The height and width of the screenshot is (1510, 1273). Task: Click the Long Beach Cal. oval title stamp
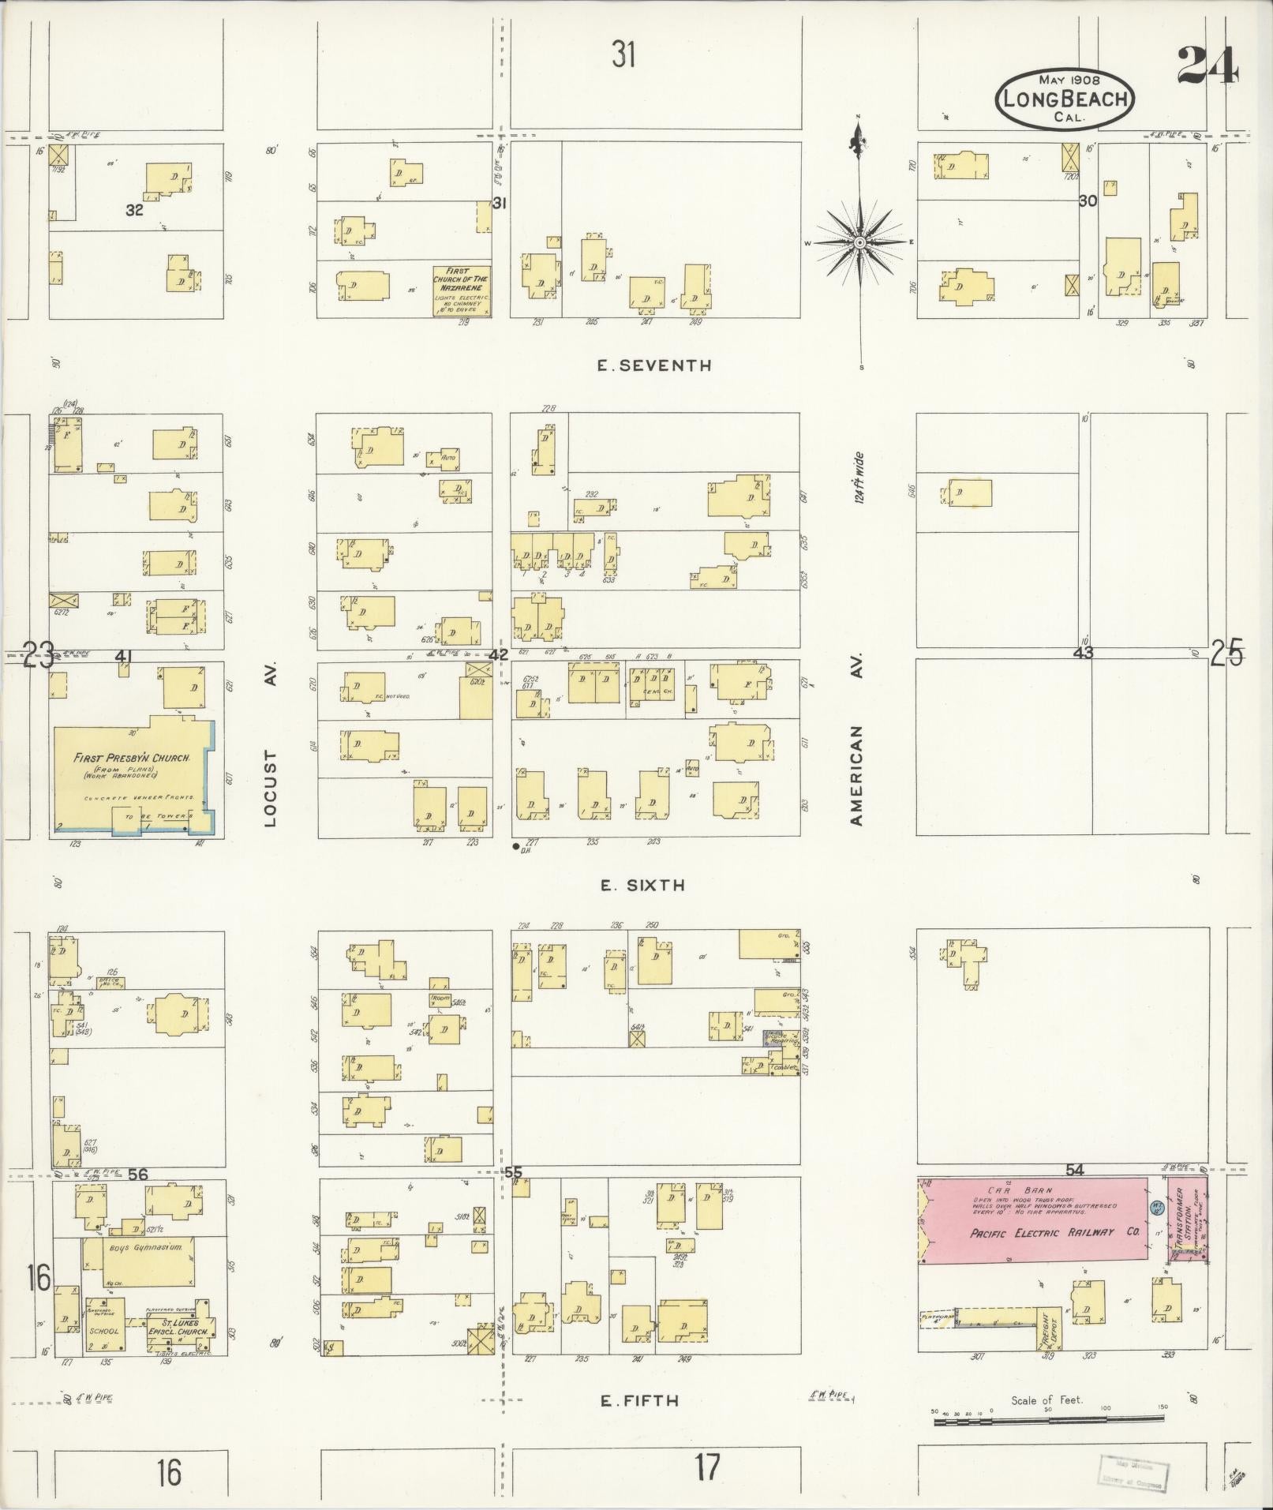coord(1065,99)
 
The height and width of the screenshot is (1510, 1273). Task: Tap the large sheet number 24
coord(1207,66)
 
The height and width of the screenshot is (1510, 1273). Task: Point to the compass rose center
coord(860,242)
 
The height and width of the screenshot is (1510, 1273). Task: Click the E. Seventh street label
coord(654,365)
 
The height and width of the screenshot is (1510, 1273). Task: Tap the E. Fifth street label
coord(639,1401)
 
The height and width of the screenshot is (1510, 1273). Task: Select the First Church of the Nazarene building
coord(462,290)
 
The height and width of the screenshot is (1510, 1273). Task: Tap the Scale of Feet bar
coord(1048,1421)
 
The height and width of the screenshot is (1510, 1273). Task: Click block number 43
coord(1083,653)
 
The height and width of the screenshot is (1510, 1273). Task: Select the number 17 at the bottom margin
coord(707,1467)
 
